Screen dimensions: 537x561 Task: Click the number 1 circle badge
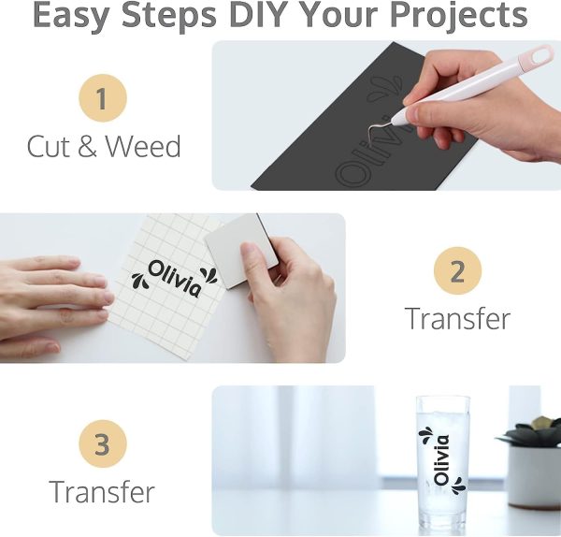[x=102, y=99]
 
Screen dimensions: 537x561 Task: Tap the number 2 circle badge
[x=457, y=271]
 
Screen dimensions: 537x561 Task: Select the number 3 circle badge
[x=102, y=444]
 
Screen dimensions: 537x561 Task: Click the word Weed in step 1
[x=143, y=147]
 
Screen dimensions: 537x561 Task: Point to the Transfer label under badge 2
[x=457, y=318]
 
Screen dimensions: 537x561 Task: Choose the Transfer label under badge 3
[x=102, y=491]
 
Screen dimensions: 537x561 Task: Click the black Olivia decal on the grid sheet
[x=174, y=278]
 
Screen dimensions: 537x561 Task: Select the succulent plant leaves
[x=531, y=433]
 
